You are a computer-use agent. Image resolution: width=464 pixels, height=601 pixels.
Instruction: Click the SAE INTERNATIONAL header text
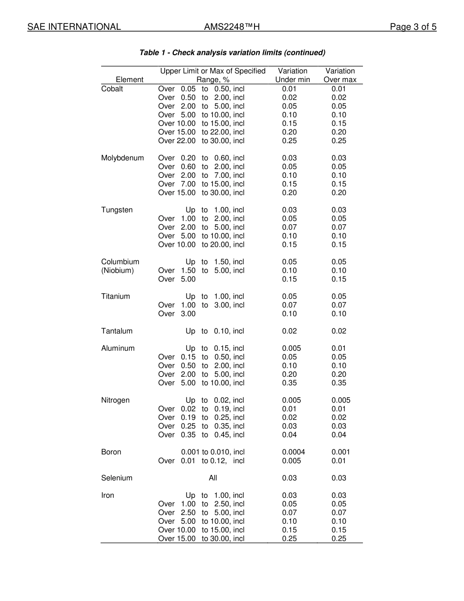[x=74, y=27]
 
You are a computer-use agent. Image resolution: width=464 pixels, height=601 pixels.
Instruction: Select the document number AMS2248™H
[x=232, y=27]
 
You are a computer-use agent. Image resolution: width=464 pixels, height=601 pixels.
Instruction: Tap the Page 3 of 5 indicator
[x=413, y=27]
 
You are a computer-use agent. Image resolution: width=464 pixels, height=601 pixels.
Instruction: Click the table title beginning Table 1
[x=232, y=53]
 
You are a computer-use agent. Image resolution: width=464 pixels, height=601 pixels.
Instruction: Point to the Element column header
[x=129, y=80]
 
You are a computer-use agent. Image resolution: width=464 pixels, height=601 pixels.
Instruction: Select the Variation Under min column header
[x=293, y=75]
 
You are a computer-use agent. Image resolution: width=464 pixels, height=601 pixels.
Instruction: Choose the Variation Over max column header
[x=340, y=75]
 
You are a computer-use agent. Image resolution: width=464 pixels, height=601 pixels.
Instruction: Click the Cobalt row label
[x=112, y=89]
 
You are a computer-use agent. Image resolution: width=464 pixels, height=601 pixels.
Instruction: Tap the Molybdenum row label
[x=122, y=158]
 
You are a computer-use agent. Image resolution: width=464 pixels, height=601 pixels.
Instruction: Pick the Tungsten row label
[x=117, y=210]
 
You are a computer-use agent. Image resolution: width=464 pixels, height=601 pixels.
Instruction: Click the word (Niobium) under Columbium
[x=117, y=271]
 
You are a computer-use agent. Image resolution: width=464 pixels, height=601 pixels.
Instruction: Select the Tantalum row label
[x=117, y=331]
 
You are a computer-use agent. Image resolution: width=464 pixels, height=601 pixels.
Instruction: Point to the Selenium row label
[x=116, y=478]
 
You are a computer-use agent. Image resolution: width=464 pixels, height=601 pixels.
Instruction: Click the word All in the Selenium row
[x=213, y=478]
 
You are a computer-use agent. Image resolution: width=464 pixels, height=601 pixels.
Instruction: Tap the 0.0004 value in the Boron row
[x=293, y=452]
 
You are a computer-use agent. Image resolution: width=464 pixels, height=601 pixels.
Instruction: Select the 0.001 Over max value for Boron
[x=340, y=452]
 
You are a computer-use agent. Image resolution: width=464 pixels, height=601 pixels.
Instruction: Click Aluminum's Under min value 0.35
[x=289, y=383]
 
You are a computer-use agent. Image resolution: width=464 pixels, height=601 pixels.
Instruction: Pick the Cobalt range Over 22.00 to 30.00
[x=201, y=141]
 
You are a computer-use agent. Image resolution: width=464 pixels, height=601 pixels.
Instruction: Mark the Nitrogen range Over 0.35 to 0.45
[x=201, y=435]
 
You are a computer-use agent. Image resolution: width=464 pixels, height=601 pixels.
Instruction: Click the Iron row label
[x=107, y=495]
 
